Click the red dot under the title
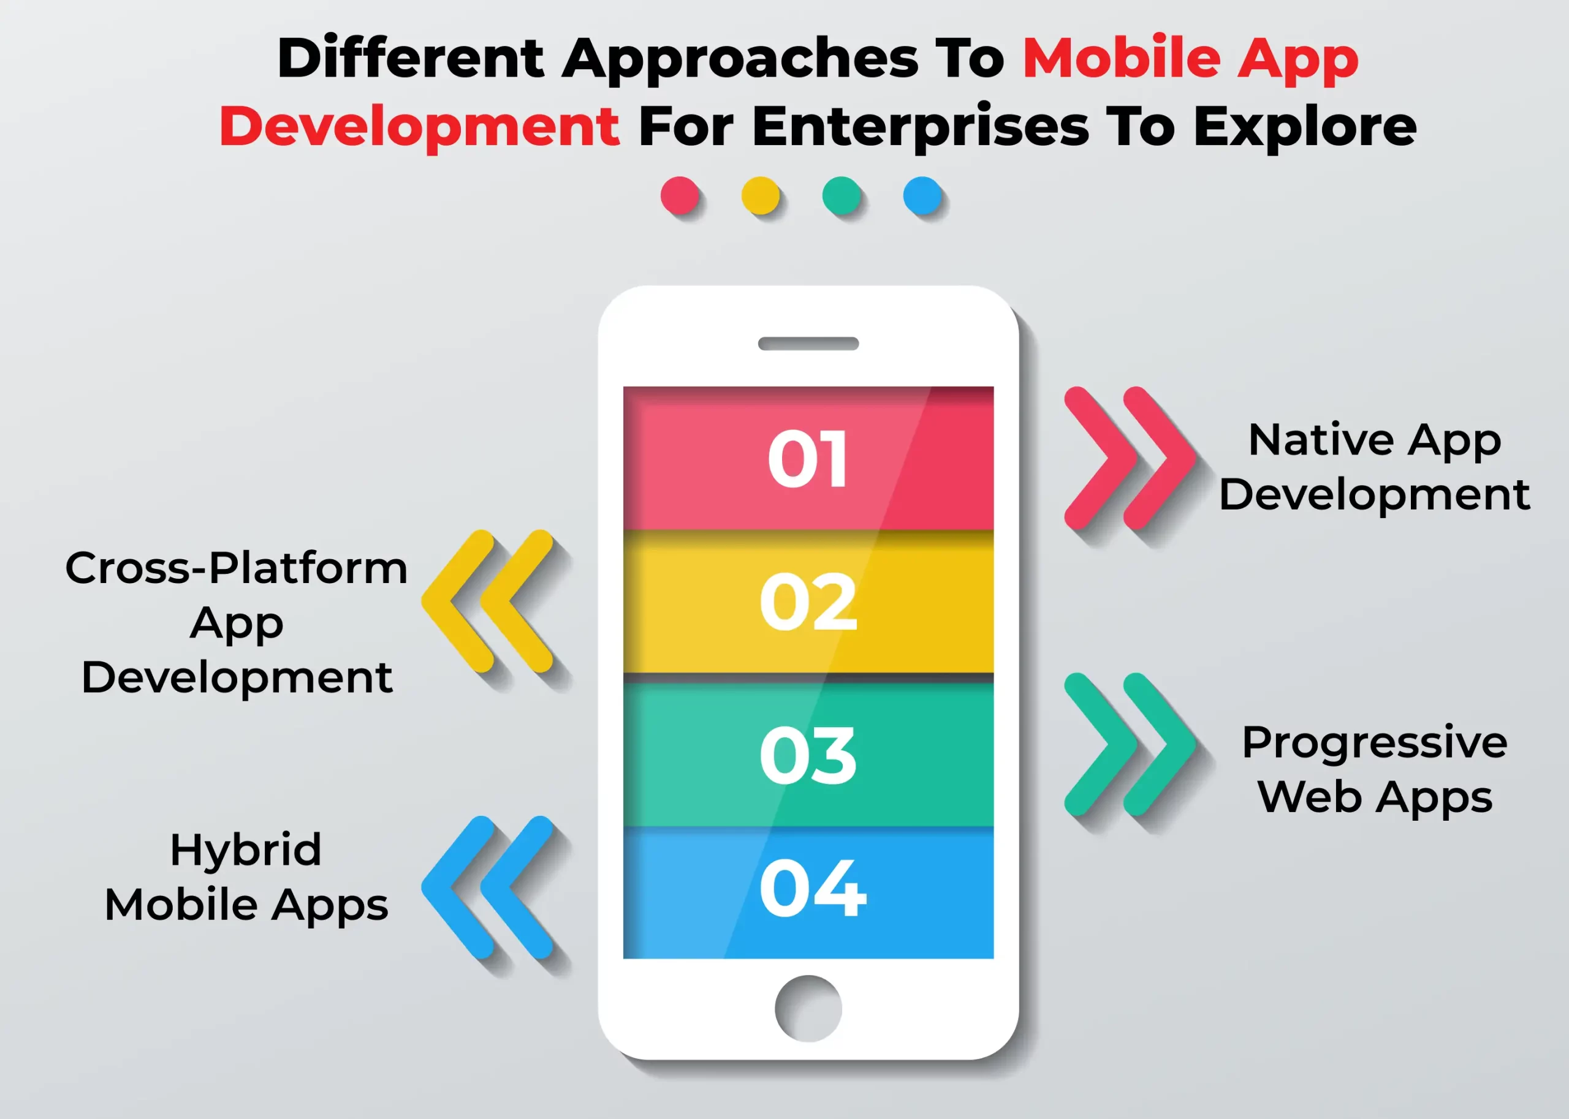[680, 196]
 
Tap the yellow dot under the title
[761, 196]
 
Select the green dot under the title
[841, 196]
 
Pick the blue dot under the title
[922, 196]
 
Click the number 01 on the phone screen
[807, 458]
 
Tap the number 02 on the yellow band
[808, 601]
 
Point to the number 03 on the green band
[808, 755]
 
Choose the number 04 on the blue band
[813, 888]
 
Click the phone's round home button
[808, 1008]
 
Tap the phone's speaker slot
[808, 344]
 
